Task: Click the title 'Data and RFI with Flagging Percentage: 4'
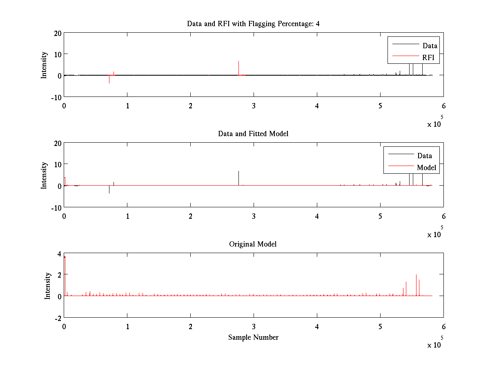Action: pos(253,23)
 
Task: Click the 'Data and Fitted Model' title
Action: pos(253,134)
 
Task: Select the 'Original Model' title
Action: pos(253,244)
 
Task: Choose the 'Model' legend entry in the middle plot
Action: pos(426,168)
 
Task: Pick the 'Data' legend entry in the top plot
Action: pos(430,46)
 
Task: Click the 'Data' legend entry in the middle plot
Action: pos(425,155)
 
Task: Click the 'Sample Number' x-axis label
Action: pos(253,337)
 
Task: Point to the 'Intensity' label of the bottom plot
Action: pos(48,285)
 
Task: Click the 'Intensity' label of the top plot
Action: pos(44,65)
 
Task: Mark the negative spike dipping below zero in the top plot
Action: pos(109,79)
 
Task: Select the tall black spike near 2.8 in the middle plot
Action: pos(238,178)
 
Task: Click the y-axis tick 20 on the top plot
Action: pos(57,33)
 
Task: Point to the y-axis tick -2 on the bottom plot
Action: pos(58,318)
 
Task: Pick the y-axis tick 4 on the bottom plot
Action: pos(60,254)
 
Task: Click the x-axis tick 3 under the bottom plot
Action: pos(254,327)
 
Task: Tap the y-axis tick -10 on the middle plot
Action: pos(56,207)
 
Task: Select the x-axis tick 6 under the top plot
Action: pos(444,106)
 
